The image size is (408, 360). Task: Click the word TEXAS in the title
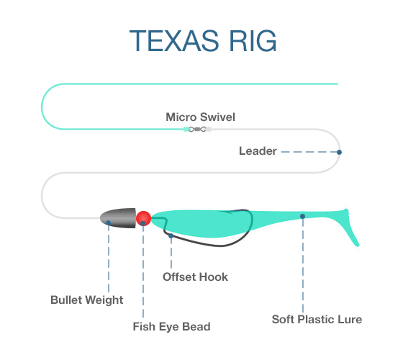pyautogui.click(x=174, y=41)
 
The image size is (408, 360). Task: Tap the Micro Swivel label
pyautogui.click(x=200, y=117)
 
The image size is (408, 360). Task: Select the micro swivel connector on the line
pyautogui.click(x=197, y=129)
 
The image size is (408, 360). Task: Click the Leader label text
pyautogui.click(x=258, y=151)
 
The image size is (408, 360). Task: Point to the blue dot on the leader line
pyautogui.click(x=339, y=152)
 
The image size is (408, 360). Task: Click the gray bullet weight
pyautogui.click(x=118, y=218)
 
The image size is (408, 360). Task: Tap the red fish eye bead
pyautogui.click(x=143, y=218)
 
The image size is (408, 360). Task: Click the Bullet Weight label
pyautogui.click(x=87, y=300)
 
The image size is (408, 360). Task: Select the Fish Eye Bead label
pyautogui.click(x=172, y=327)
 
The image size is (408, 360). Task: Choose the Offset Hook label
pyautogui.click(x=195, y=277)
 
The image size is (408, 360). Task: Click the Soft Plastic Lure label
pyautogui.click(x=317, y=320)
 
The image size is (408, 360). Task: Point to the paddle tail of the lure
pyautogui.click(x=350, y=227)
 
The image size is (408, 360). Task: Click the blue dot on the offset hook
pyautogui.click(x=171, y=236)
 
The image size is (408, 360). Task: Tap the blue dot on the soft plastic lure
pyautogui.click(x=302, y=216)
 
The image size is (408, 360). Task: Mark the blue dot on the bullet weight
pyautogui.click(x=108, y=222)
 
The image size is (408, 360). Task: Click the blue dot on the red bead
pyautogui.click(x=143, y=223)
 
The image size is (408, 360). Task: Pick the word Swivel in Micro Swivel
pyautogui.click(x=219, y=117)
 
